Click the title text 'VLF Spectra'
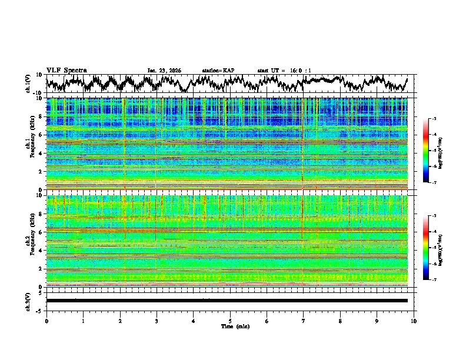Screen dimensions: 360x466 [66, 70]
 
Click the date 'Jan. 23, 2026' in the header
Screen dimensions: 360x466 [164, 71]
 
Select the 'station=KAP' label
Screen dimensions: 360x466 [218, 71]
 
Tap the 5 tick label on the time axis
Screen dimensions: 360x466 [230, 321]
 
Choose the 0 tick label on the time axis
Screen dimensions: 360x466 [46, 321]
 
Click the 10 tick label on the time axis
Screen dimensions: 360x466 [414, 321]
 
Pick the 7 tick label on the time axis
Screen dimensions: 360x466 [304, 321]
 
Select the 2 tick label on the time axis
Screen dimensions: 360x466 [120, 321]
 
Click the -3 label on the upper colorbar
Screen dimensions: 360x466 [434, 119]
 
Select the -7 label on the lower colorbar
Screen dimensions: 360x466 [434, 280]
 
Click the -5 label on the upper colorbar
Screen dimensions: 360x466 [434, 151]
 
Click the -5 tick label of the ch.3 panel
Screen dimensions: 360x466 [40, 310]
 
